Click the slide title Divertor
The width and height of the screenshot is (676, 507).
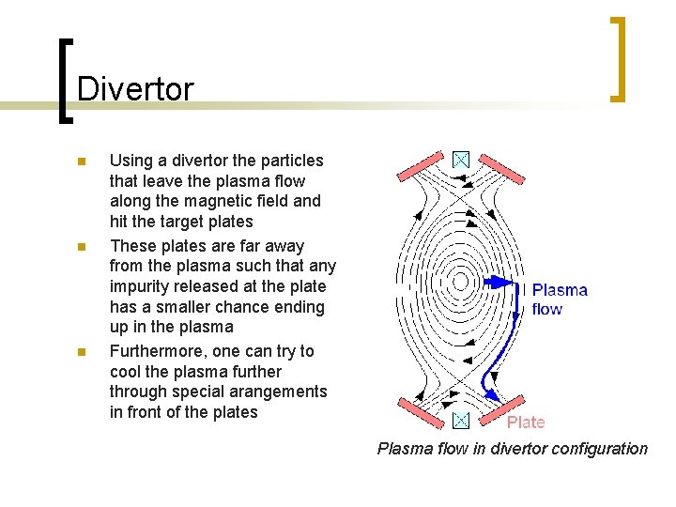click(x=135, y=89)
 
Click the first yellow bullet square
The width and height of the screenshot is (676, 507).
click(x=82, y=161)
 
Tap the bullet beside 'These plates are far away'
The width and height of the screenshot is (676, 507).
click(x=82, y=247)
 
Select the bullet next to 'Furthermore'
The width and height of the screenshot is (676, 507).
click(x=82, y=352)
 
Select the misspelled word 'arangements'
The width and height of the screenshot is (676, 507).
click(x=282, y=392)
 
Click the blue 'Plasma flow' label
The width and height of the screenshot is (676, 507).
click(x=560, y=300)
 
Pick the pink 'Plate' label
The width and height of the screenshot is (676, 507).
click(x=526, y=422)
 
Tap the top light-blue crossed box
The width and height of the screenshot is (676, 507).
click(x=461, y=160)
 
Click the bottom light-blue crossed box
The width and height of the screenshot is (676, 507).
click(x=461, y=420)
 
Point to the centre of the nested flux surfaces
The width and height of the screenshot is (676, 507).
click(x=460, y=280)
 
